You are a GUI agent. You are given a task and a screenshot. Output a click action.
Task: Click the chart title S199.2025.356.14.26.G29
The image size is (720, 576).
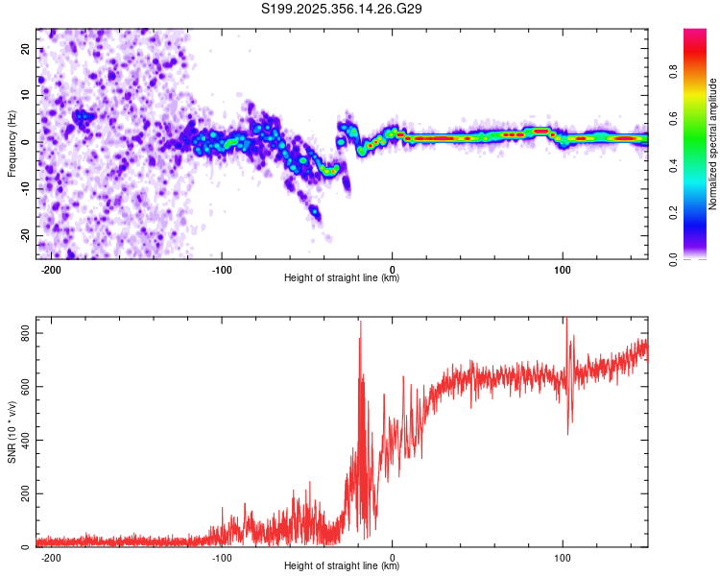coord(343,10)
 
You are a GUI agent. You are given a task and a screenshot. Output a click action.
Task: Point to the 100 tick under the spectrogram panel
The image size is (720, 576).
coord(563,268)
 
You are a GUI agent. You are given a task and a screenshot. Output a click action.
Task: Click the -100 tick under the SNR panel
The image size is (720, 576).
coord(222,557)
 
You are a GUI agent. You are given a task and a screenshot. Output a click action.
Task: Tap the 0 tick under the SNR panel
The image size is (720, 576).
coord(393,557)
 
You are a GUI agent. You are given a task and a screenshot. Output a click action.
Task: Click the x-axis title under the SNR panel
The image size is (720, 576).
coord(342,567)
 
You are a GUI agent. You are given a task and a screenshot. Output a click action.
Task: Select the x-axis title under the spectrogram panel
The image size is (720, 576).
coord(342,278)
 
